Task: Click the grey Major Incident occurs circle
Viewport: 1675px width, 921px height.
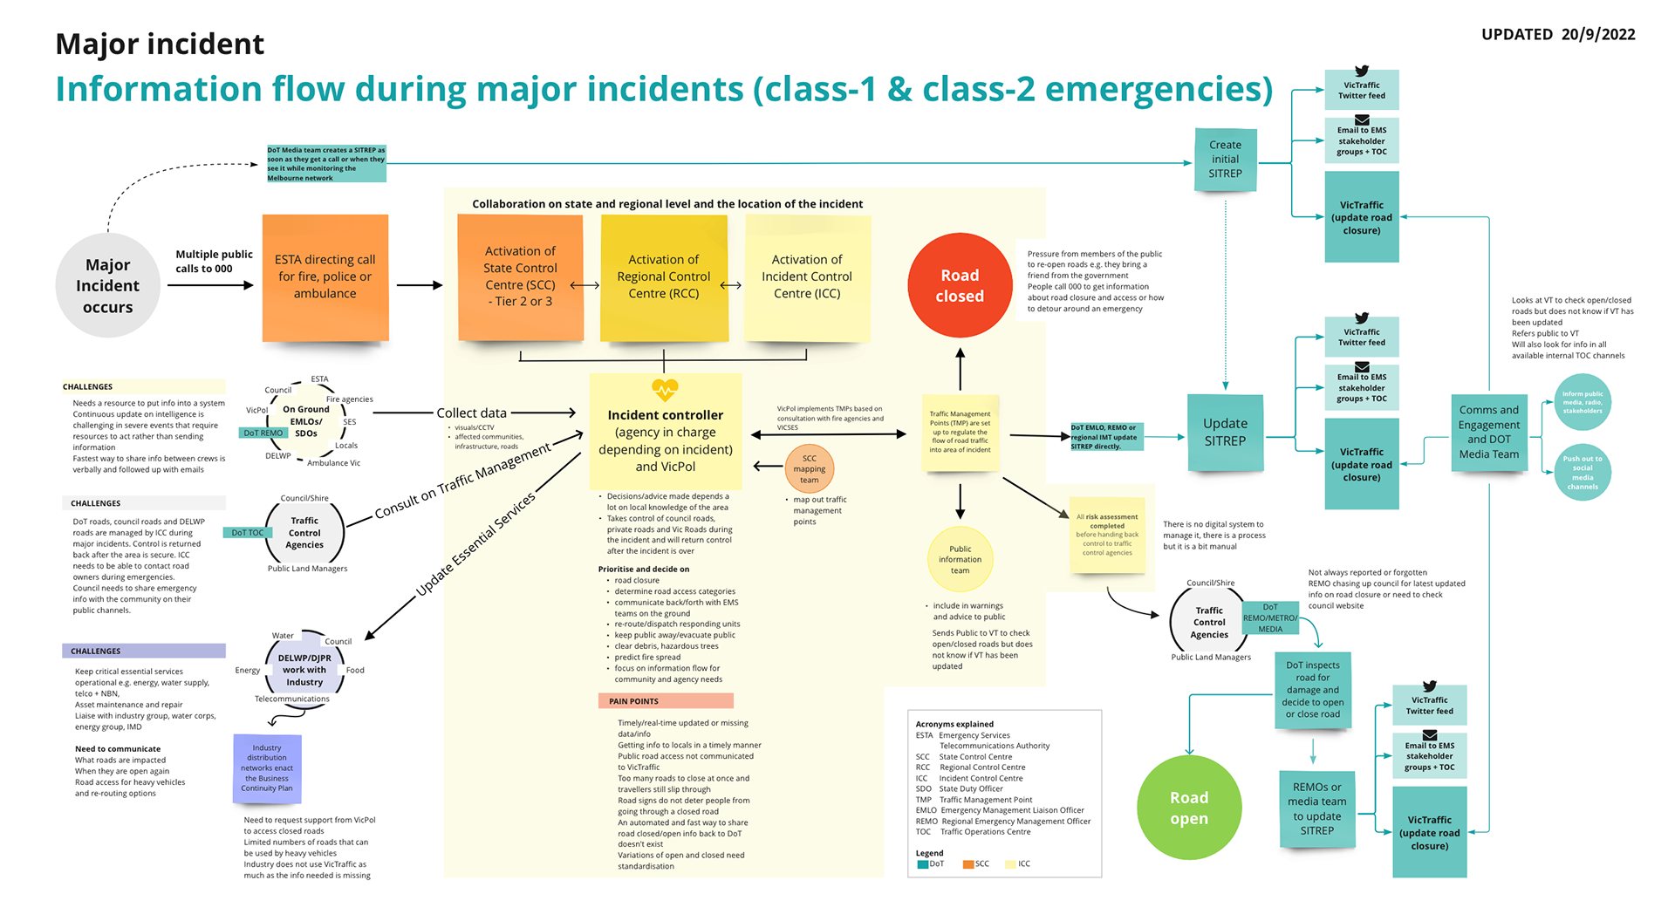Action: (107, 285)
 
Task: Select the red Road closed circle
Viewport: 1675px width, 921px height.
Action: (960, 285)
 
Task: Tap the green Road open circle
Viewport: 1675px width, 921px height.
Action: (1189, 808)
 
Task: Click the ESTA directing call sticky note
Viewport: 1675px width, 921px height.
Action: (325, 277)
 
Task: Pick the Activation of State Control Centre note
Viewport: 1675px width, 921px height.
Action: (520, 277)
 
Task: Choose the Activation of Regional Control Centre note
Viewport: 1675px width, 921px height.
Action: (664, 277)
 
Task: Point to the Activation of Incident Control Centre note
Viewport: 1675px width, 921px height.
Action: (807, 277)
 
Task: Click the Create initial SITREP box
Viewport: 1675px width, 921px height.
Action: (1225, 160)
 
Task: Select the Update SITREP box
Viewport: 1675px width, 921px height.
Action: (1225, 433)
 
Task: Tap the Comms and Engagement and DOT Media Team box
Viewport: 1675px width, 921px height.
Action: (1488, 433)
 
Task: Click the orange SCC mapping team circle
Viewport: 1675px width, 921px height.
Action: (810, 469)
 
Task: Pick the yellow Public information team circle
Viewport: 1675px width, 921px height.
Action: (960, 560)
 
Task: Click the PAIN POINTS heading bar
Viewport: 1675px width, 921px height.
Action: (666, 701)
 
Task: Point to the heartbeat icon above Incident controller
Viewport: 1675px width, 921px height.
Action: (665, 390)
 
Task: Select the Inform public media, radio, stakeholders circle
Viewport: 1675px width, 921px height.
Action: (1582, 402)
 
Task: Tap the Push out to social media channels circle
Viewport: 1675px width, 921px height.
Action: (1582, 473)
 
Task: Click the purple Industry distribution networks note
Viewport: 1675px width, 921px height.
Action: (267, 768)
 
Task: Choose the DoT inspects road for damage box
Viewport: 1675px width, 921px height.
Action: (1312, 690)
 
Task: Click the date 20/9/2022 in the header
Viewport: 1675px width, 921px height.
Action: (1598, 35)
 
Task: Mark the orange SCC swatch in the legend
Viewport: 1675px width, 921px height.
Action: (967, 864)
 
